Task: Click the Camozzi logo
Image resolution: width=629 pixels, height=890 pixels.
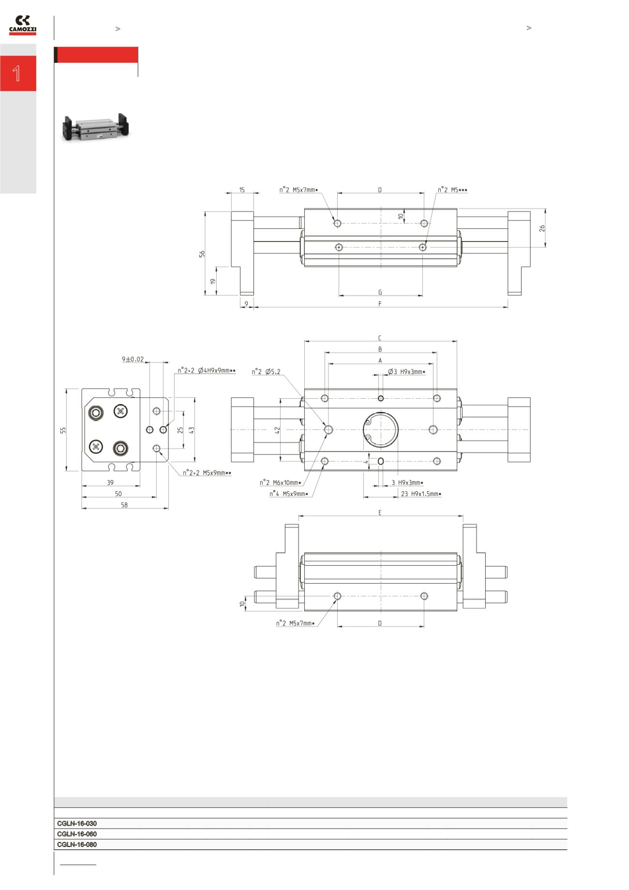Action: [22, 26]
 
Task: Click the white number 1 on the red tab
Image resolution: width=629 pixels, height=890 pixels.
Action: [17, 74]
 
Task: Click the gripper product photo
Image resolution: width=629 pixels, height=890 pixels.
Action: [96, 127]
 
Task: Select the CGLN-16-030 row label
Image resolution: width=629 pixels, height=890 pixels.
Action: [77, 823]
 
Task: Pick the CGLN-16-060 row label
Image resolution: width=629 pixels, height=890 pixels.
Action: [77, 834]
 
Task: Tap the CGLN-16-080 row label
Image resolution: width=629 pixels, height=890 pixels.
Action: [77, 845]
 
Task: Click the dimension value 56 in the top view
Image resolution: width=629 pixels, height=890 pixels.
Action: [202, 253]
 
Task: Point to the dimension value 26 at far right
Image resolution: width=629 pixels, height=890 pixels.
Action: [542, 228]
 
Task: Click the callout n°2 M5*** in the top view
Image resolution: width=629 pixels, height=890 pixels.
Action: [452, 190]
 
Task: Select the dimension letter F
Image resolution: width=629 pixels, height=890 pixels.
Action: [380, 304]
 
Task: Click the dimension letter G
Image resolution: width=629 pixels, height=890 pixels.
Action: [380, 292]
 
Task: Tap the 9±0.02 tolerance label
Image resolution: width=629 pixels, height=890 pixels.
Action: [133, 359]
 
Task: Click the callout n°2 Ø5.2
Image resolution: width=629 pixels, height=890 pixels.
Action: [266, 372]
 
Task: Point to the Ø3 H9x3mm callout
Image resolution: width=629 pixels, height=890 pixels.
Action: [406, 372]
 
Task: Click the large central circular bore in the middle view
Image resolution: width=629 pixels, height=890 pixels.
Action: [381, 430]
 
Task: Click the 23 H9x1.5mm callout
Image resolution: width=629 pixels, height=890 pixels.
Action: [421, 494]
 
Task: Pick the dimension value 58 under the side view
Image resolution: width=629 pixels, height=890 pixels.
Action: [124, 505]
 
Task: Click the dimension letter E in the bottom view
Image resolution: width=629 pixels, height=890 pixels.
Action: [380, 513]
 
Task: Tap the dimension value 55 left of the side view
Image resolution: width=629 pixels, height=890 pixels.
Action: [63, 430]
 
